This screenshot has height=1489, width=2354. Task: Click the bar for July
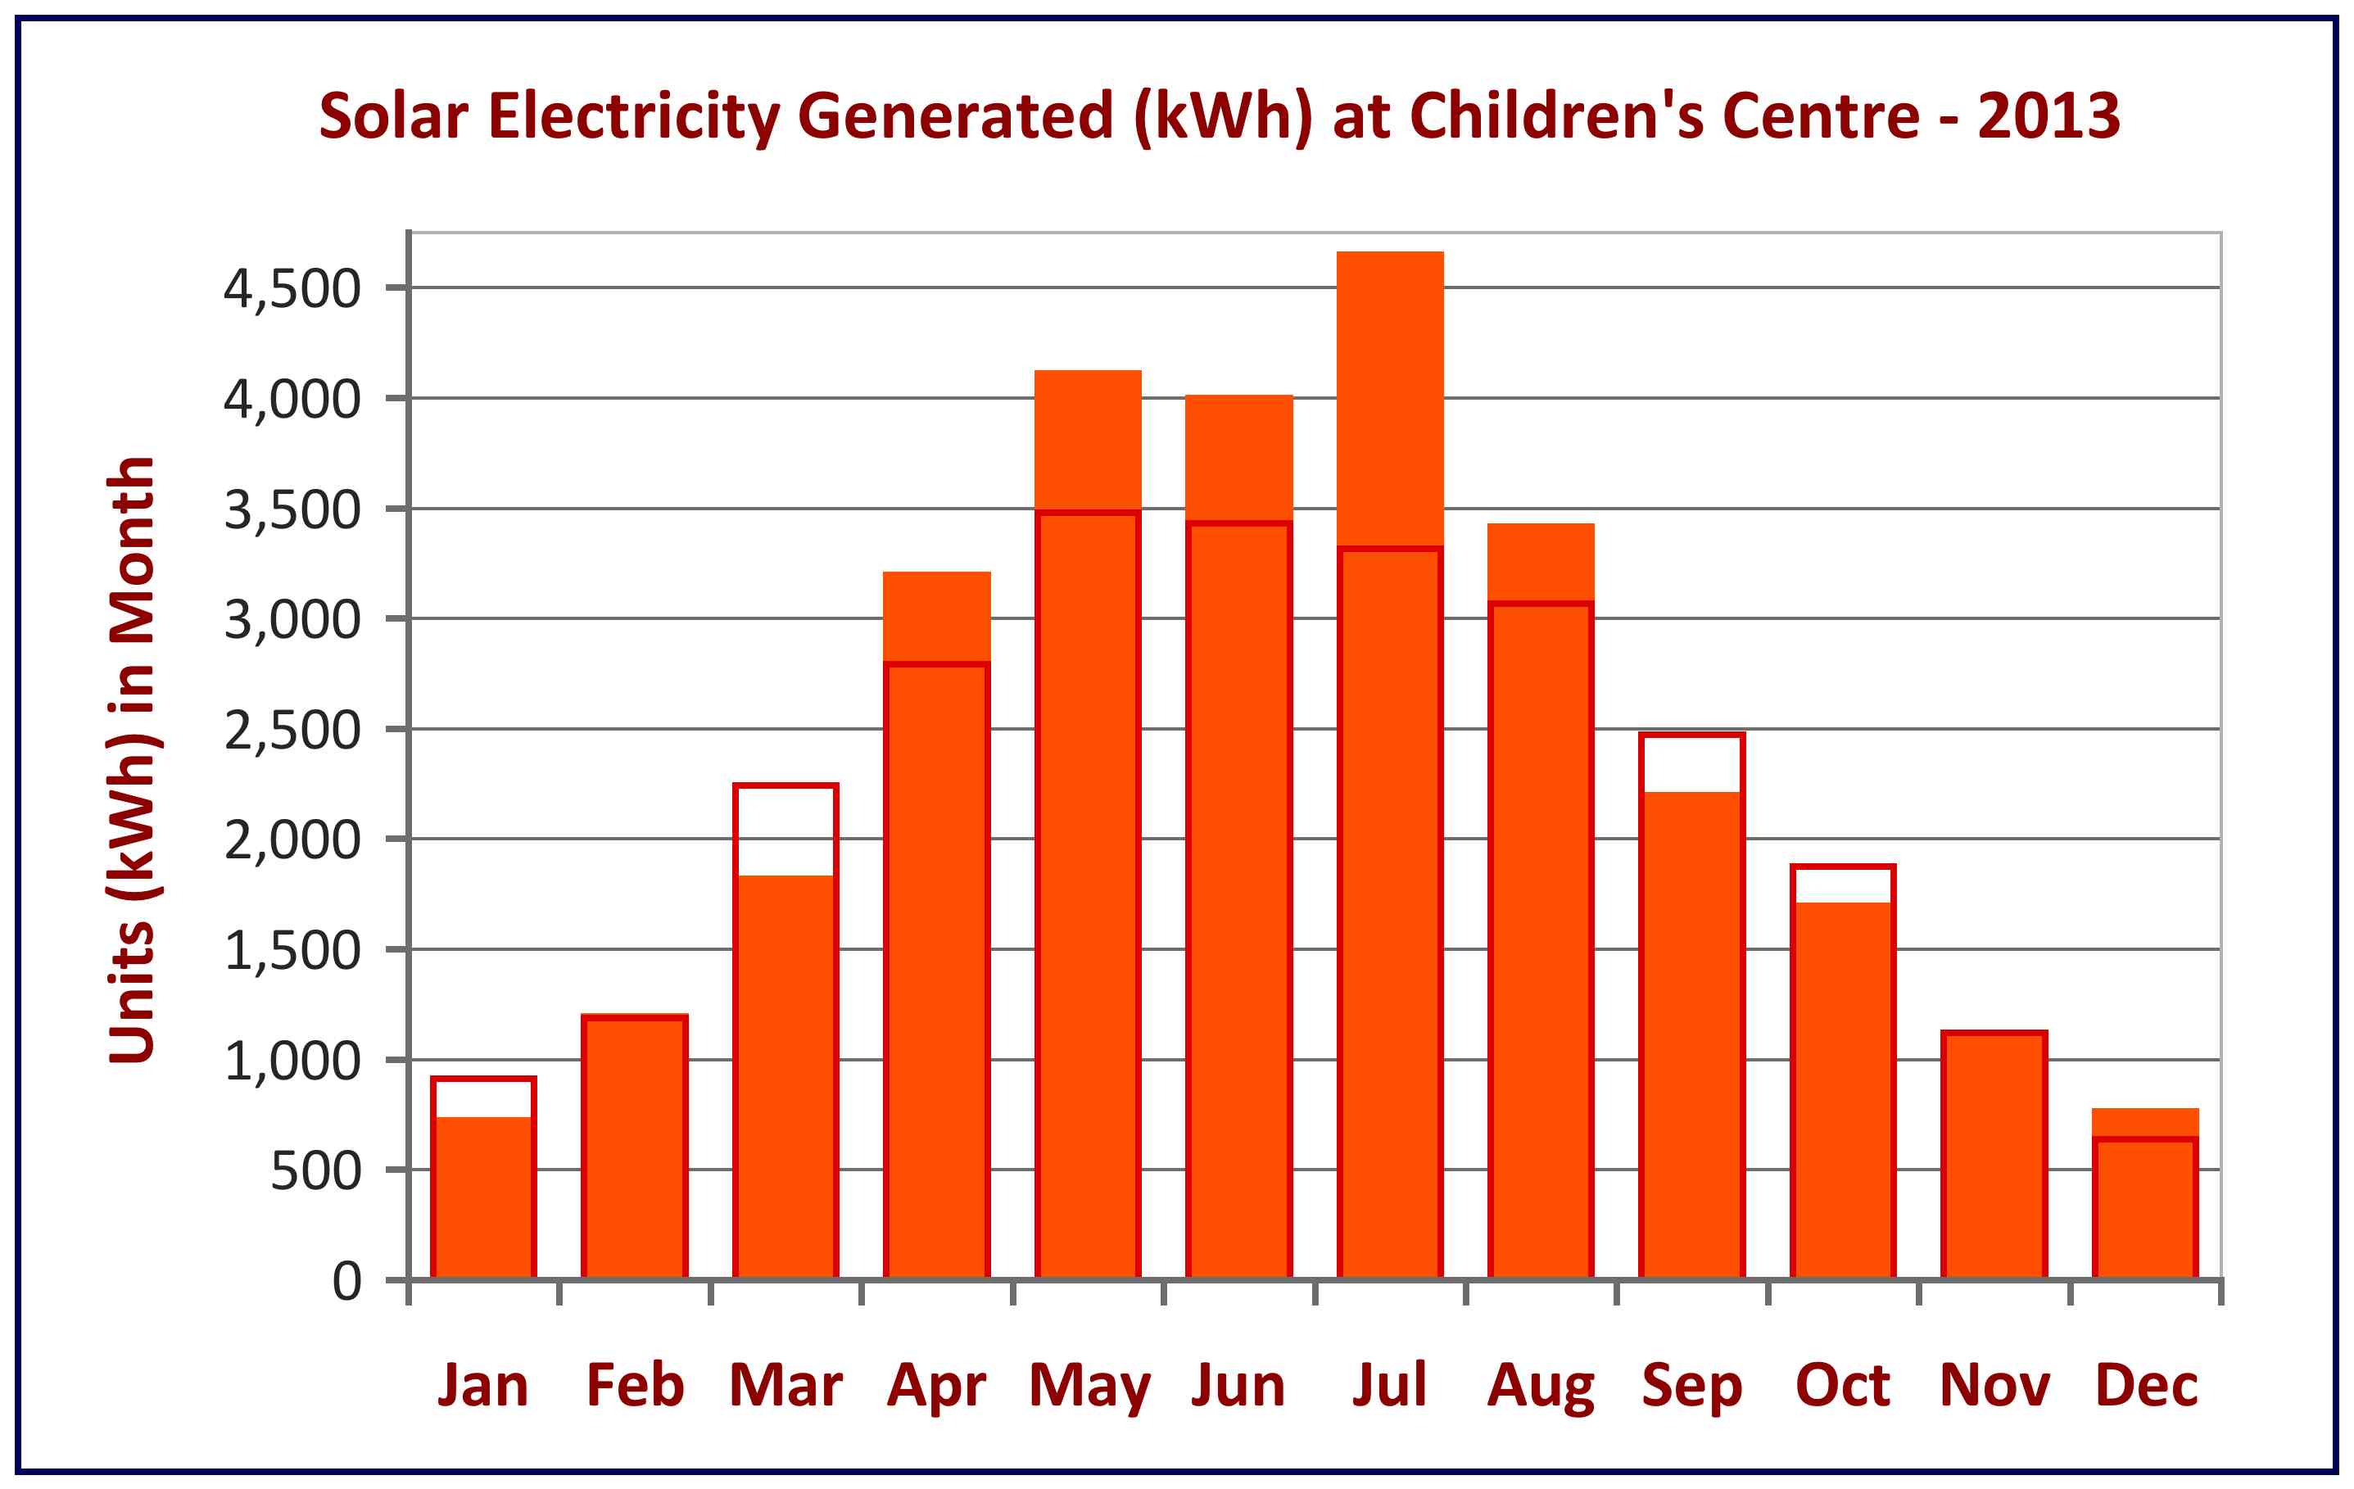point(1389,782)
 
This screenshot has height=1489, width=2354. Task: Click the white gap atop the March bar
point(785,831)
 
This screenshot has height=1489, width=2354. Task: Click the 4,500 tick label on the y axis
point(292,289)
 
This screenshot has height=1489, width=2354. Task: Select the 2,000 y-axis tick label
point(292,841)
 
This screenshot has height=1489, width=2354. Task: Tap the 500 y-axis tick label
point(315,1171)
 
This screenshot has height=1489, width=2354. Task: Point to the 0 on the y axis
point(346,1282)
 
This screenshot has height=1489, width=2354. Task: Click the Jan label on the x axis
point(483,1387)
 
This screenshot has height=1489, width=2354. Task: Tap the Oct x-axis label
point(1843,1387)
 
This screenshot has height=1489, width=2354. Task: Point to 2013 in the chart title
point(2048,116)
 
